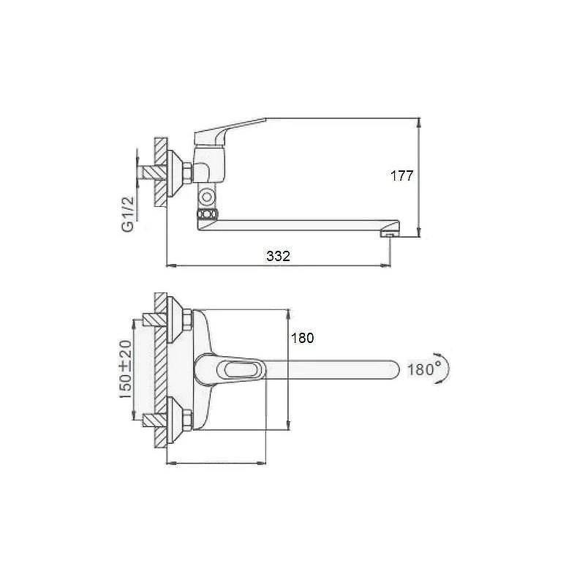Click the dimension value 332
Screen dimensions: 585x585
[279, 256]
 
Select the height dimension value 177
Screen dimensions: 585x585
[401, 175]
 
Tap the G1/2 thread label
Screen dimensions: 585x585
[128, 214]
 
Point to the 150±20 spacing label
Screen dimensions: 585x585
[126, 369]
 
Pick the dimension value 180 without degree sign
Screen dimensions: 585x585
[302, 338]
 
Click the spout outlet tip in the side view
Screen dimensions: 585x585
[390, 234]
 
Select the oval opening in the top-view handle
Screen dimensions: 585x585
[241, 371]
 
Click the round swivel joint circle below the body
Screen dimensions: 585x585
[206, 197]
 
